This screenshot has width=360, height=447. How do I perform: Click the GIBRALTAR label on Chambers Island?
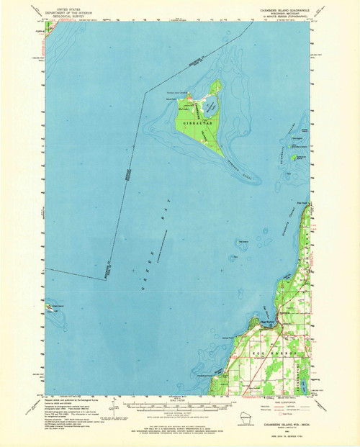pyautogui.click(x=196, y=124)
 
